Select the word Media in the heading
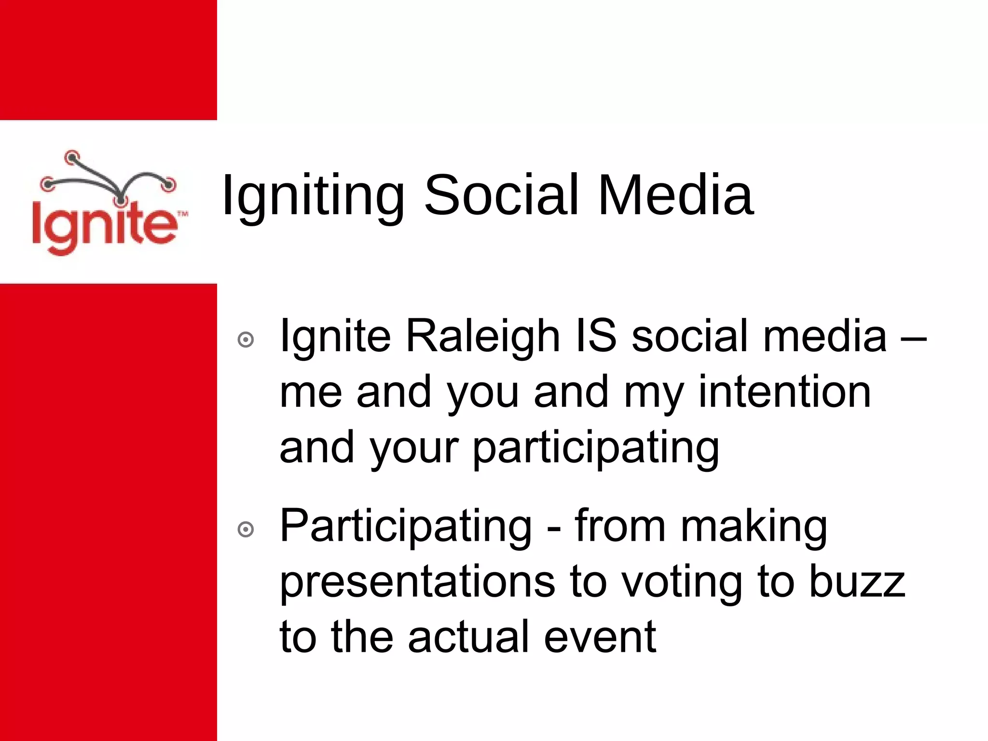[675, 195]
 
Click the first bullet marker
[246, 340]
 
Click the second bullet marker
[246, 530]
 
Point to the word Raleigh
[482, 337]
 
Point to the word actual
[468, 637]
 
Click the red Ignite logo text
[103, 227]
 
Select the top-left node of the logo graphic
[72, 156]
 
